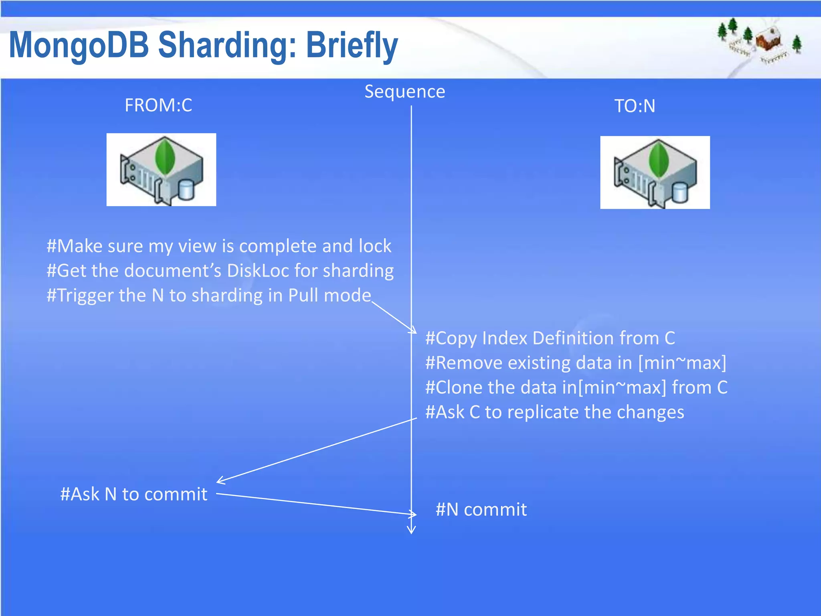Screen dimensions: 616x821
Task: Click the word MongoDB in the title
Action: pyautogui.click(x=79, y=45)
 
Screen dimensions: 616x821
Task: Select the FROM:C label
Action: pyautogui.click(x=158, y=105)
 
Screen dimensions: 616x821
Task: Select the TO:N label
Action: pyautogui.click(x=635, y=106)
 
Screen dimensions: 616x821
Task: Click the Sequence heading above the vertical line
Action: pyautogui.click(x=404, y=92)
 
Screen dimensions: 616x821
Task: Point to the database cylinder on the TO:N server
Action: pyautogui.click(x=679, y=192)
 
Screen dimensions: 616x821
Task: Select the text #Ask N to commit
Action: pyautogui.click(x=133, y=494)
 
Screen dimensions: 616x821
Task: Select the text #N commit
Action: pyautogui.click(x=481, y=510)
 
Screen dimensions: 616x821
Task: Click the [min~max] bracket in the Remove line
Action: pyautogui.click(x=682, y=363)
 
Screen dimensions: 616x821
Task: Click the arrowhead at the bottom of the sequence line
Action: pyautogui.click(x=411, y=530)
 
